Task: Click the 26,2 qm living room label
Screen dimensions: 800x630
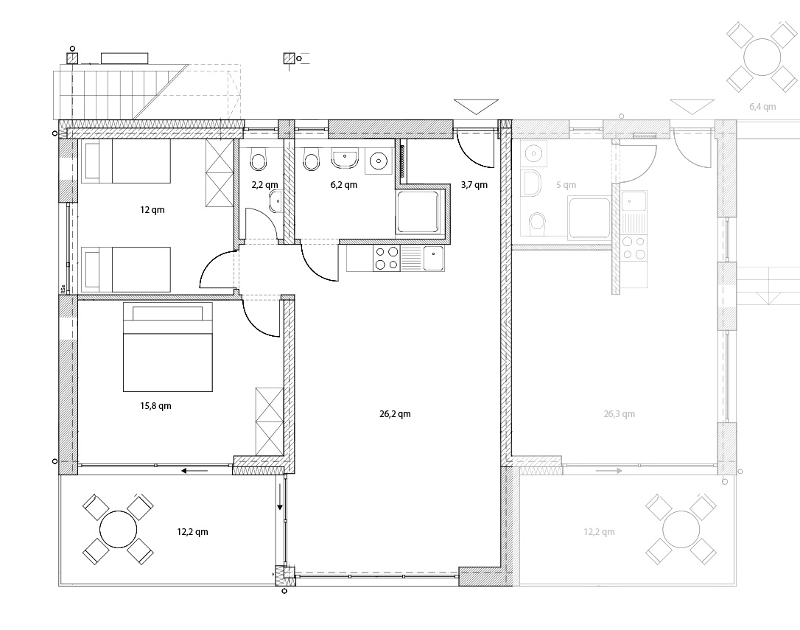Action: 395,414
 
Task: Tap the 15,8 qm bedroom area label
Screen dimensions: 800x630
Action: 155,406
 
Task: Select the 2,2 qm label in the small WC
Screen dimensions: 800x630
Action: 264,185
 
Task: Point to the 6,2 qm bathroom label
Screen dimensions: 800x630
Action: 344,185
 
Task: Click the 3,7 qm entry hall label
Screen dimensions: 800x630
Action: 474,185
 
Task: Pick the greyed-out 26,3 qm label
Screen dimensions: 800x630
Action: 620,414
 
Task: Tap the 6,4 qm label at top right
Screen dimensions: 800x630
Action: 762,107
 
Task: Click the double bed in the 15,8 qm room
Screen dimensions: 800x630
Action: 168,346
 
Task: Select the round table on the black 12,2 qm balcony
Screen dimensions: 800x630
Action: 119,530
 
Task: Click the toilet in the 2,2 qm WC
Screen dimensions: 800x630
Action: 259,161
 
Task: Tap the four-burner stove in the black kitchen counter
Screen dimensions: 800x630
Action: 387,259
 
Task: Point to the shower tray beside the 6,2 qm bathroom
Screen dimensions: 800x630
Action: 418,212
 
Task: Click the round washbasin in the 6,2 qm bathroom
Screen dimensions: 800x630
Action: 378,161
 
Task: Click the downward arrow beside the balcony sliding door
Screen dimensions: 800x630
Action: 280,495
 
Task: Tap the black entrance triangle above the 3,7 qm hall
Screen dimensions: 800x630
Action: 476,105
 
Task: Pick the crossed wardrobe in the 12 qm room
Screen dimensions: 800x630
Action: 219,173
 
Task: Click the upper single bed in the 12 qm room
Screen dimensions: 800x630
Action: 125,161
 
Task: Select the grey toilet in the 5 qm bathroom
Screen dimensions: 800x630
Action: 537,223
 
